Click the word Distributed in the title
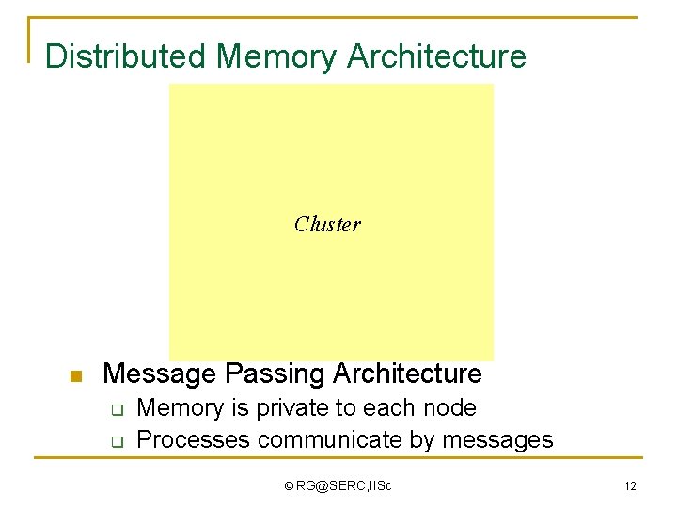click(126, 56)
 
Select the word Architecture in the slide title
click(436, 56)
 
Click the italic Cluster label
click(327, 224)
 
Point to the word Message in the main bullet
click(159, 373)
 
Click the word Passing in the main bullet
click(269, 373)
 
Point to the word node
click(450, 408)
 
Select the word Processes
click(194, 439)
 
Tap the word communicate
click(330, 439)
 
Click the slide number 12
click(629, 486)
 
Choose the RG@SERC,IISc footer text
click(344, 486)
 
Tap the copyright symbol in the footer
click(289, 486)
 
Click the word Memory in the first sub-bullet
click(180, 408)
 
